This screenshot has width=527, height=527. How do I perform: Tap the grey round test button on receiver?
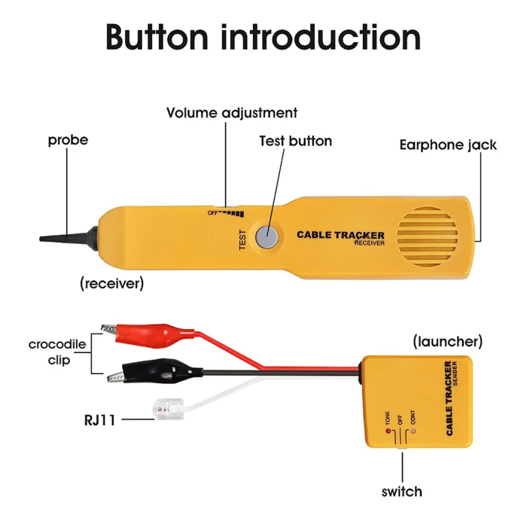[x=266, y=236]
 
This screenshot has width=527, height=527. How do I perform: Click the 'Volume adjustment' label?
[x=232, y=113]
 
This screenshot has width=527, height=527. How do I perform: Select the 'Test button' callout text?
[x=295, y=141]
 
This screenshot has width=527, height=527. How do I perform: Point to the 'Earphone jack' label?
[x=448, y=145]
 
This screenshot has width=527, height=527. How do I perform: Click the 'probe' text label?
[x=68, y=140]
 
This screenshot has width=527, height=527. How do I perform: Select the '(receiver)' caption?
[x=111, y=283]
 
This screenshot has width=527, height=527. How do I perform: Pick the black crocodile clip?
[x=151, y=370]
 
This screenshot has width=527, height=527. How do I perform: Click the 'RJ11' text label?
[x=99, y=419]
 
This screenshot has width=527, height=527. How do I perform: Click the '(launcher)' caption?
[x=448, y=341]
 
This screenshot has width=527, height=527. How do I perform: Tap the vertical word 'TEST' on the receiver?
[x=242, y=239]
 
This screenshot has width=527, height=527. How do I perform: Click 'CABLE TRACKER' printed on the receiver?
[x=340, y=235]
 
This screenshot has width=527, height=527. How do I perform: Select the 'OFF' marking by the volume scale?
[x=213, y=213]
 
